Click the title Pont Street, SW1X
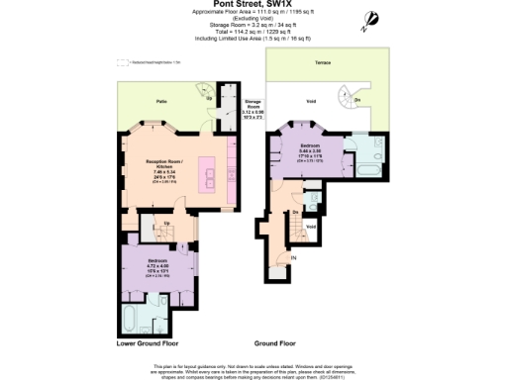(256, 5)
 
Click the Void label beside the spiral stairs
(310, 100)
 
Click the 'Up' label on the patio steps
(208, 98)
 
